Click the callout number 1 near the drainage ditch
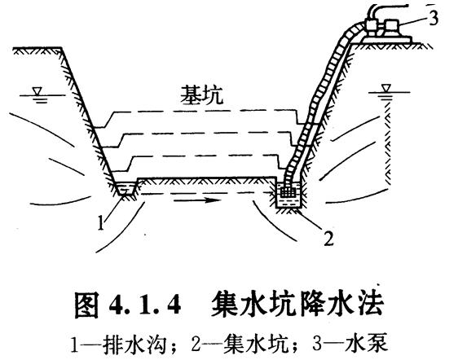pyautogui.click(x=101, y=223)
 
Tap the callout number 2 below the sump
pyautogui.click(x=328, y=238)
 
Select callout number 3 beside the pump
pyautogui.click(x=434, y=17)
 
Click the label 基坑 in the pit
pyautogui.click(x=201, y=95)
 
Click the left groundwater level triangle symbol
pyautogui.click(x=37, y=91)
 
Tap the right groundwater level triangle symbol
pyautogui.click(x=386, y=88)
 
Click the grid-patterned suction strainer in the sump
pyautogui.click(x=288, y=192)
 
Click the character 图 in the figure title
pyautogui.click(x=86, y=305)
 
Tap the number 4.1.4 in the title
pyautogui.click(x=144, y=305)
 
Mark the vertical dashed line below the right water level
pyautogui.click(x=387, y=143)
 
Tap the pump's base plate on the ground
pyautogui.click(x=386, y=39)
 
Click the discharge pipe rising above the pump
pyautogui.click(x=385, y=10)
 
